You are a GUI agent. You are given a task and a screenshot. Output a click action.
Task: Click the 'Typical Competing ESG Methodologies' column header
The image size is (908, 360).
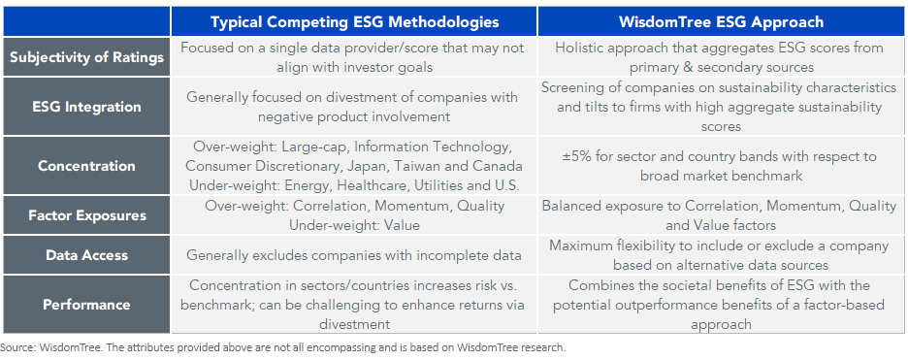point(354,20)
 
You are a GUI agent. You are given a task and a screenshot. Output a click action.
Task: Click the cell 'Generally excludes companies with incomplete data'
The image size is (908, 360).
point(354,255)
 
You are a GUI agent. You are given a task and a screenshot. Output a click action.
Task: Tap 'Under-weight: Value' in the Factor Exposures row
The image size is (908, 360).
point(354,224)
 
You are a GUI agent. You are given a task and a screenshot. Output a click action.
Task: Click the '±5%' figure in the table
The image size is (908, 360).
point(577,156)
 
